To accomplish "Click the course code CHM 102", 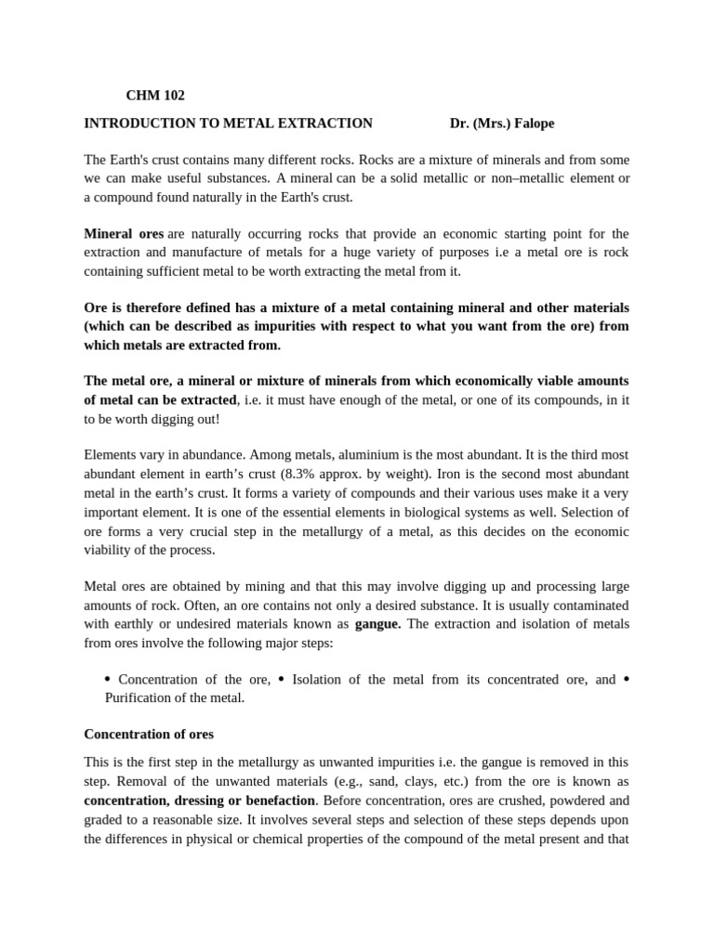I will pos(155,96).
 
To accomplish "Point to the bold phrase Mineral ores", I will pos(124,234).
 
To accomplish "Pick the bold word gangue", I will pos(377,624).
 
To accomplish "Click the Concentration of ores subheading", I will pos(149,734).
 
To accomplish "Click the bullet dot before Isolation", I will pos(282,679).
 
